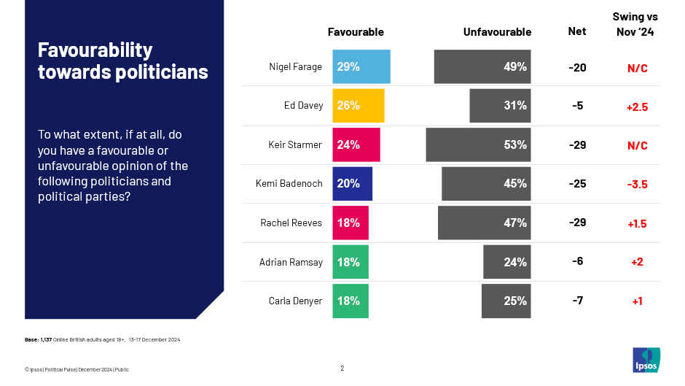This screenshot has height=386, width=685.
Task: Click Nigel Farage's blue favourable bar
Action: point(361,66)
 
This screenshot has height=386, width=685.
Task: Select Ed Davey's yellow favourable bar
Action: point(358,105)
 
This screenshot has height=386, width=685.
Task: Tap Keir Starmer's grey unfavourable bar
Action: point(478,144)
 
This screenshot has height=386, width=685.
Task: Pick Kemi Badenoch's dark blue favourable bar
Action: point(352,183)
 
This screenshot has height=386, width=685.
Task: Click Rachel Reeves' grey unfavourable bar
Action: point(484,223)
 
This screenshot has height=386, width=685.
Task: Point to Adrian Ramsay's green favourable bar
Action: point(351,262)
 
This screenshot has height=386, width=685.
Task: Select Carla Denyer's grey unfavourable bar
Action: point(506,301)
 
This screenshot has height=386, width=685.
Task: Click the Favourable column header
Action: point(356,32)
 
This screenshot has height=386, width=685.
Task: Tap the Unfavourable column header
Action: point(497,32)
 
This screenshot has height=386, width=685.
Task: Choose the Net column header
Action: point(577,31)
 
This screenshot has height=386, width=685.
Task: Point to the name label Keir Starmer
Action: point(295,144)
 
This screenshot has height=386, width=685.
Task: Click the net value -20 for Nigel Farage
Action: point(577,67)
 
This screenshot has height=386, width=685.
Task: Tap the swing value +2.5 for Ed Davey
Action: point(637,107)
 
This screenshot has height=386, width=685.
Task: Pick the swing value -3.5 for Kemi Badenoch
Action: point(637,184)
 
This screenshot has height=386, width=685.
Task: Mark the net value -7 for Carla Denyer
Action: point(577,301)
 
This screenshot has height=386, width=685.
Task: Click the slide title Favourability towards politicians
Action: point(123,61)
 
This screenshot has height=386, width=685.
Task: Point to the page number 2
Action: point(342,368)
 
